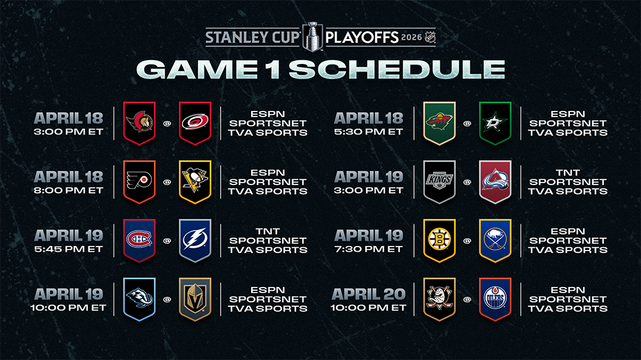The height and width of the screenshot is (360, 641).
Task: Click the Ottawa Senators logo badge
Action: pyautogui.click(x=139, y=123)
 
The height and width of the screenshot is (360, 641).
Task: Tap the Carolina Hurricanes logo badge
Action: pyautogui.click(x=195, y=123)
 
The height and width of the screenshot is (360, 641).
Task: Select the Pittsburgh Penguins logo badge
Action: pyautogui.click(x=195, y=182)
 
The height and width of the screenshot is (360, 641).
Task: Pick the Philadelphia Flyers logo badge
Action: pyautogui.click(x=139, y=182)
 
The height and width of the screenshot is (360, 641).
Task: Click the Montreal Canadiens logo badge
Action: pyautogui.click(x=139, y=240)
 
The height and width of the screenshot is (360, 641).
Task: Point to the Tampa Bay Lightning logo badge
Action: pyautogui.click(x=195, y=240)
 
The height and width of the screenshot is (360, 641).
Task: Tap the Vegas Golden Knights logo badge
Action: pyautogui.click(x=195, y=299)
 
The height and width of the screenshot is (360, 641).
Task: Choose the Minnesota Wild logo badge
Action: pyautogui.click(x=440, y=123)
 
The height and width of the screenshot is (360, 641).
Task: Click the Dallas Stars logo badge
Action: pyautogui.click(x=495, y=123)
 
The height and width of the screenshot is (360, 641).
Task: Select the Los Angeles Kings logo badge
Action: pyautogui.click(x=440, y=182)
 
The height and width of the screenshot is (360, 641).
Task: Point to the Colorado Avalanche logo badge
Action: pyautogui.click(x=495, y=182)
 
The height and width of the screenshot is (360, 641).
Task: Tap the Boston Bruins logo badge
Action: pyautogui.click(x=440, y=240)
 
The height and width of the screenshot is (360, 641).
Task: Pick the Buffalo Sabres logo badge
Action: pyautogui.click(x=495, y=240)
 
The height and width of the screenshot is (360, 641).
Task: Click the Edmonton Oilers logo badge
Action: pyautogui.click(x=495, y=299)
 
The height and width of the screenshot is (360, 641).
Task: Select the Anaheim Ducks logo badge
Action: pyautogui.click(x=440, y=299)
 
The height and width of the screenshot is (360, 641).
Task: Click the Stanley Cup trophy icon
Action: pyautogui.click(x=313, y=37)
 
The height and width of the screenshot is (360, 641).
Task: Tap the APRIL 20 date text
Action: pyautogui.click(x=369, y=294)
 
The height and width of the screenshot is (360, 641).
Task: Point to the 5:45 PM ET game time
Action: pyautogui.click(x=69, y=249)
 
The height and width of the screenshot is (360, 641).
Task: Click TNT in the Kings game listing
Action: pyautogui.click(x=568, y=173)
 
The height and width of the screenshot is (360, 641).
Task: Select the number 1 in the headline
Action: pyautogui.click(x=272, y=69)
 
